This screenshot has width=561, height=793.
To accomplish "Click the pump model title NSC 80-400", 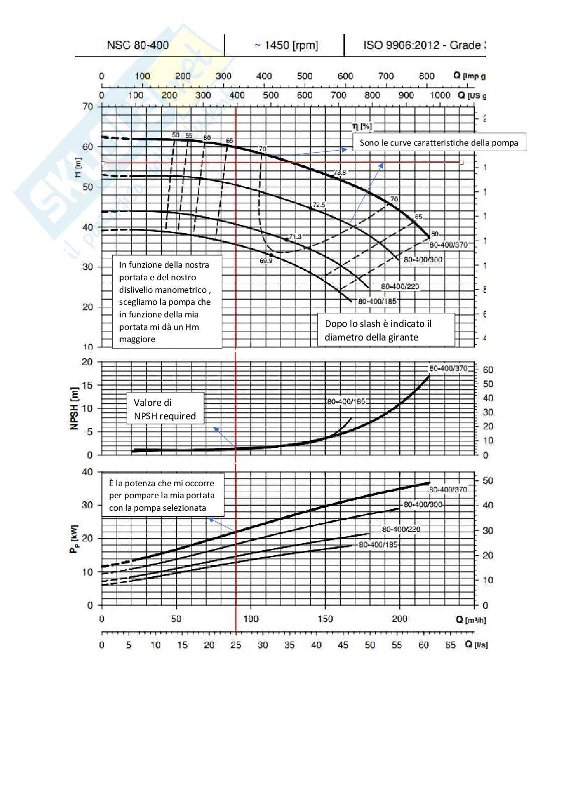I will (x=138, y=45).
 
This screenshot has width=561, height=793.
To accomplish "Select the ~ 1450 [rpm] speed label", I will (x=286, y=45).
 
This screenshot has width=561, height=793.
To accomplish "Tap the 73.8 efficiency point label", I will (x=340, y=172).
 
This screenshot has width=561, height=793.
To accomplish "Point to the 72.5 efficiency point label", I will (x=319, y=205).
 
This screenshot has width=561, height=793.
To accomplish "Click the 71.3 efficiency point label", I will (x=295, y=237).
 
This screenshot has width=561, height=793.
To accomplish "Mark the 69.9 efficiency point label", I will (x=266, y=261).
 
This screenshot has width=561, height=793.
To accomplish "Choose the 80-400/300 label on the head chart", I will (x=423, y=260).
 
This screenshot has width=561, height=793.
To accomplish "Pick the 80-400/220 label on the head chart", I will (x=400, y=287).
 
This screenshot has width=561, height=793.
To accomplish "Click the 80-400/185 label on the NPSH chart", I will (x=346, y=402).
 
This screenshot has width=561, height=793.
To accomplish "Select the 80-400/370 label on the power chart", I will (x=448, y=490).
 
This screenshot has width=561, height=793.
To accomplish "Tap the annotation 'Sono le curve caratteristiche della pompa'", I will (x=439, y=143).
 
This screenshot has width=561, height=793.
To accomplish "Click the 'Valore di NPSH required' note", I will (x=165, y=409).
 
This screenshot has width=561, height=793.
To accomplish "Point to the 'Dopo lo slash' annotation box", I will (x=386, y=330).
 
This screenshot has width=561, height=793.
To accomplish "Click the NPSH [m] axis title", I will (x=74, y=408).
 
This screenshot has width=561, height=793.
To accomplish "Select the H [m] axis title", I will (x=78, y=167).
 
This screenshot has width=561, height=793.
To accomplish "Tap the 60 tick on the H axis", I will (x=87, y=147).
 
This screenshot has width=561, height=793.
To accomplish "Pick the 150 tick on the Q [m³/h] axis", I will (x=325, y=619).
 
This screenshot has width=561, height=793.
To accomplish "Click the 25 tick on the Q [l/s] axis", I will (x=236, y=645).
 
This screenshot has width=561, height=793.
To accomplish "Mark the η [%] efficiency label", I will (x=362, y=126).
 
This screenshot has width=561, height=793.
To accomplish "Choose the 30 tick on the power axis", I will (x=87, y=505).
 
